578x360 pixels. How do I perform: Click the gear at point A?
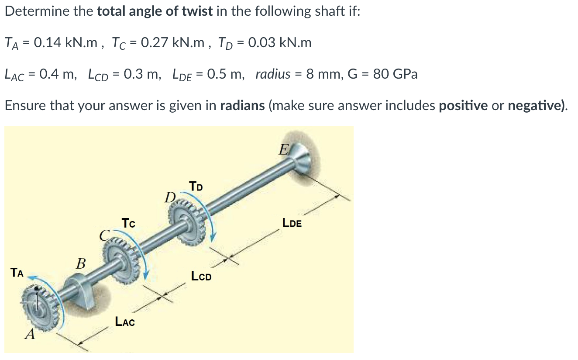pos(42,306)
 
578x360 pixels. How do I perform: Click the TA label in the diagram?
pos(18,273)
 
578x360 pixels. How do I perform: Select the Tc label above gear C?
pos(128,223)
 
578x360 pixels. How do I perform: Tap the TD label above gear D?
pos(196,187)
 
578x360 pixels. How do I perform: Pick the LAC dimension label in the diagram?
pos(125,322)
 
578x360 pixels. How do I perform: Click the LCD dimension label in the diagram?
pos(201,276)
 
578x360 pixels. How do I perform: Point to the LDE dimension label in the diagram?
pos(292,223)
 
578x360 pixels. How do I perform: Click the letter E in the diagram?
pos(283,151)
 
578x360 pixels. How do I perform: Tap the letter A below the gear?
pos(30,335)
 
